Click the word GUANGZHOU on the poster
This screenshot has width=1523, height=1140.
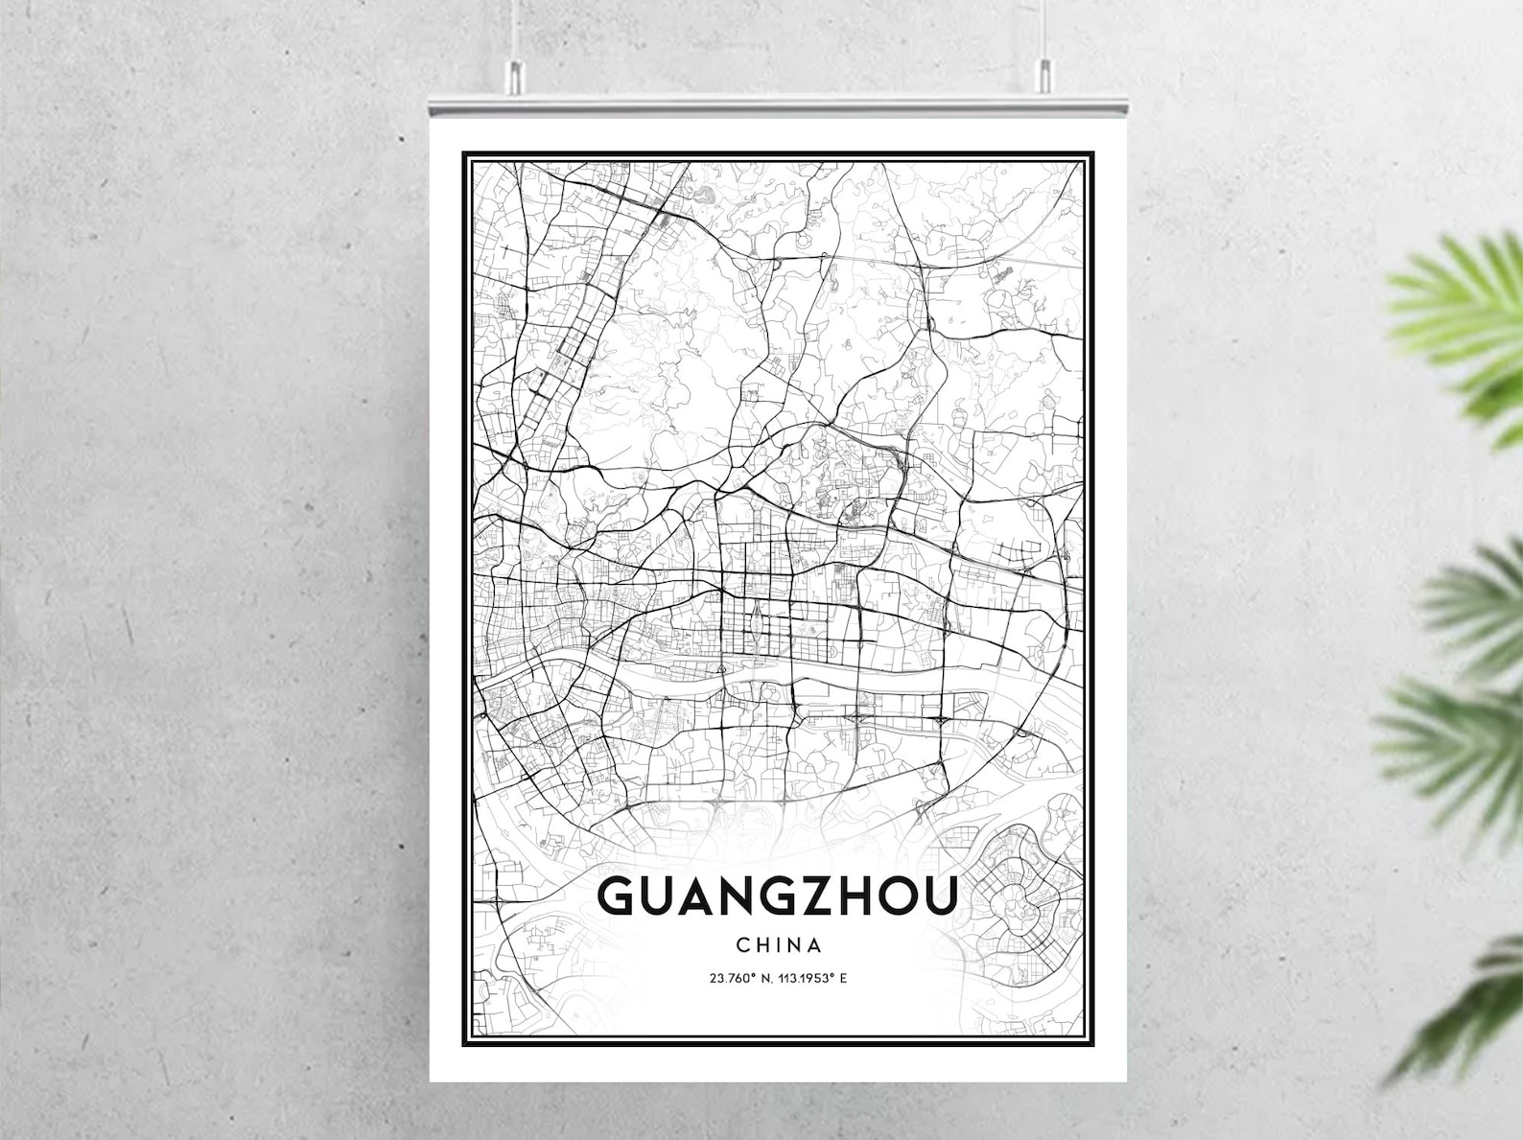778,896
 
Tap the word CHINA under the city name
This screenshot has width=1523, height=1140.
779,944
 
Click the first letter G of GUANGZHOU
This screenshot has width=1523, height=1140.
616,896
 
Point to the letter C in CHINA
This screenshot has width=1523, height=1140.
743,944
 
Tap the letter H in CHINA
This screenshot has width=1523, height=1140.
761,944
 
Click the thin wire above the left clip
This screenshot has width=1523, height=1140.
515,29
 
